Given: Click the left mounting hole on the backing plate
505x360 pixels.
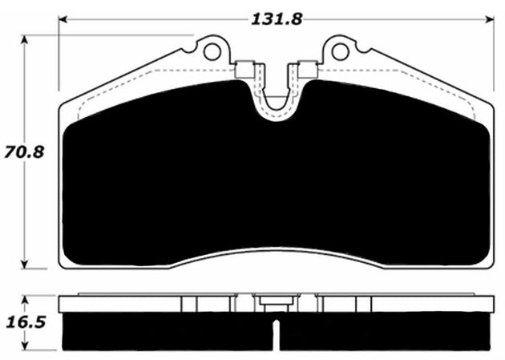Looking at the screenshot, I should point(212,52).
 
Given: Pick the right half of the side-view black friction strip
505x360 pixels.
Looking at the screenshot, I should point(385,330).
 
